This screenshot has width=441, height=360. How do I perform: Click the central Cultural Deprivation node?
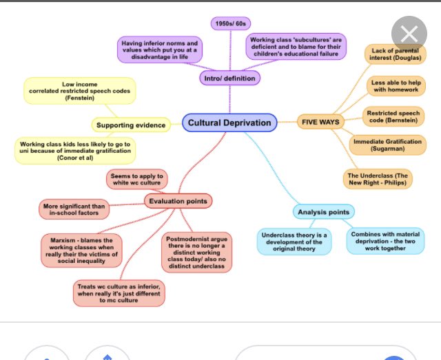(x=230, y=123)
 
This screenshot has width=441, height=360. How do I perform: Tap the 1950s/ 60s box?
(x=229, y=23)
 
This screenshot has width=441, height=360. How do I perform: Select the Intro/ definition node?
(x=229, y=78)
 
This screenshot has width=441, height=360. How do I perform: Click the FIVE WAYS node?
(x=320, y=123)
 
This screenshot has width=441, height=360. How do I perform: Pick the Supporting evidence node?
(x=131, y=125)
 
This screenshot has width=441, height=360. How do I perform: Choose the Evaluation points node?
(x=178, y=201)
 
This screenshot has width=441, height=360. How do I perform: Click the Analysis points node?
(x=324, y=212)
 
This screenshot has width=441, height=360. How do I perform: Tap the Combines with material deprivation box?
(x=384, y=240)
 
